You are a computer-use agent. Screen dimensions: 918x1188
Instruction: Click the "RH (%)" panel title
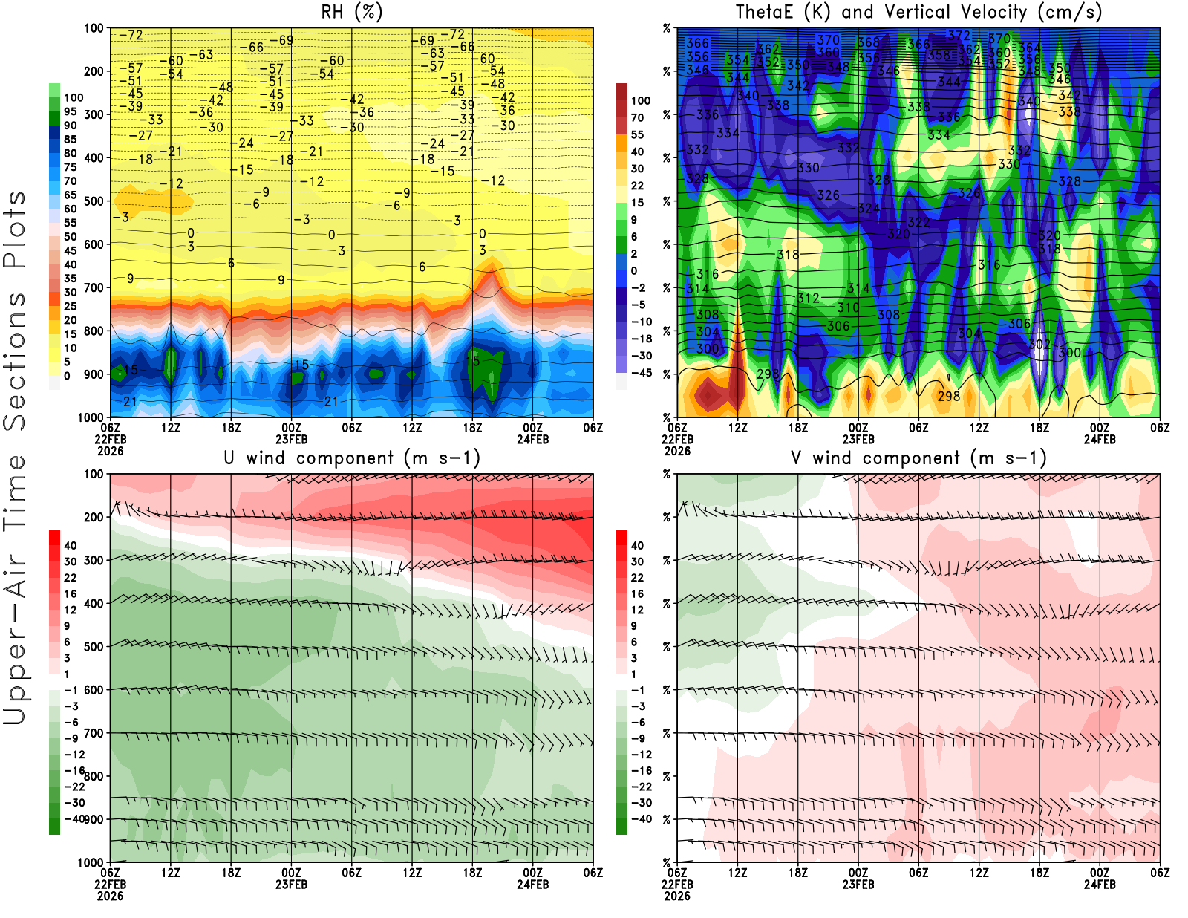pyautogui.click(x=351, y=13)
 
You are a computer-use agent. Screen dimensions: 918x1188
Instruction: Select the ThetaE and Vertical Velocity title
pyautogui.click(x=918, y=13)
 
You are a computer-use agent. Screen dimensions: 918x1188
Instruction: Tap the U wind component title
pyautogui.click(x=351, y=458)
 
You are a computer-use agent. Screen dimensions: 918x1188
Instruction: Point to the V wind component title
pyautogui.click(x=918, y=458)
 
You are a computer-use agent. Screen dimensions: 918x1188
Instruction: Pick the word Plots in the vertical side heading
pyautogui.click(x=15, y=229)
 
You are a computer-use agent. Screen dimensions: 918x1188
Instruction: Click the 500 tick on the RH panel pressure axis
pyautogui.click(x=94, y=201)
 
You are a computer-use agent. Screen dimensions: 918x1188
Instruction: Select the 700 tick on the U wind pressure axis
pyautogui.click(x=94, y=733)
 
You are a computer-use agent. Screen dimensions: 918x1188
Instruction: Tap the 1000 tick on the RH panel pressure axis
pyautogui.click(x=91, y=417)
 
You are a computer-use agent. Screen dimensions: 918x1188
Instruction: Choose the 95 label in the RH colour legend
pyautogui.click(x=70, y=111)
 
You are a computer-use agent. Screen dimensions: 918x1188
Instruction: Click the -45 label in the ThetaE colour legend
pyautogui.click(x=641, y=373)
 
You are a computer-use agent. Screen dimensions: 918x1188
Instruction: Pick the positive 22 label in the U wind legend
pyautogui.click(x=70, y=578)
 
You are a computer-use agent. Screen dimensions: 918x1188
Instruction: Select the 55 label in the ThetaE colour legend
pyautogui.click(x=637, y=134)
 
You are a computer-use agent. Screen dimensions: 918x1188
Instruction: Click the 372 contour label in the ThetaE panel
pyautogui.click(x=959, y=36)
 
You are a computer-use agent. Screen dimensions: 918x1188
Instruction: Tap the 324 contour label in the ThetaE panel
pyautogui.click(x=868, y=209)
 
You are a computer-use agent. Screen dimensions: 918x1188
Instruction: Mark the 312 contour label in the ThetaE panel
pyautogui.click(x=808, y=298)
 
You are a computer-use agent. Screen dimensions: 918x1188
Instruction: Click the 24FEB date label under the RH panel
pyautogui.click(x=532, y=439)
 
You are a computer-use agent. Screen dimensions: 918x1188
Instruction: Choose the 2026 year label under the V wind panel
pyautogui.click(x=677, y=896)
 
